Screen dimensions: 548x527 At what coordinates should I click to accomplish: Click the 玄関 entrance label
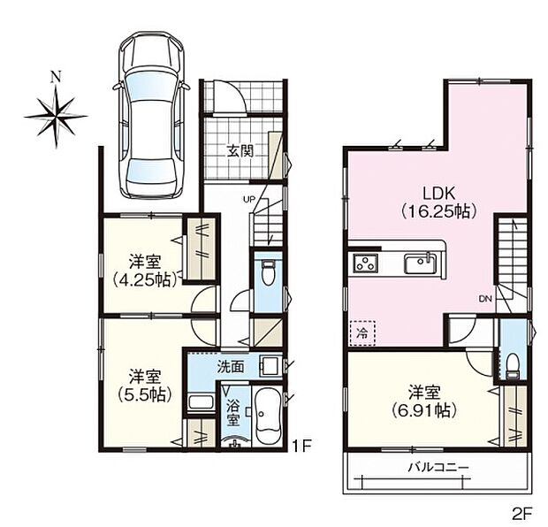pos(240,151)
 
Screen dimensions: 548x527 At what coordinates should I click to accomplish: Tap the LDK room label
pos(438,193)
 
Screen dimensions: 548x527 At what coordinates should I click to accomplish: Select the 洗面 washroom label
pos(231,367)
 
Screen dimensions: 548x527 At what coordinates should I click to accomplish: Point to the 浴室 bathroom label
pos(233,413)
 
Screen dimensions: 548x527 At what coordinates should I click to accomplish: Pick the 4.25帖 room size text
pos(144,280)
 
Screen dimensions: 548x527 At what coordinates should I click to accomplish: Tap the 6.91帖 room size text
pos(424,410)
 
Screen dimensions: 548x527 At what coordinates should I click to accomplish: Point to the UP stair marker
pos(250,200)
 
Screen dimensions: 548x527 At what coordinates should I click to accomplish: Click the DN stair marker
pos(485,299)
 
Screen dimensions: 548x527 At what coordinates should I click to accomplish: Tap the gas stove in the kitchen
pos(366,263)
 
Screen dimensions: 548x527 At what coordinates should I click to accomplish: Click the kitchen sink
pos(421,263)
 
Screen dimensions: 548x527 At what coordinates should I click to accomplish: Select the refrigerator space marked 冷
pos(362,333)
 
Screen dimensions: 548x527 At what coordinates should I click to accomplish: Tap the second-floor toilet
pos(513,366)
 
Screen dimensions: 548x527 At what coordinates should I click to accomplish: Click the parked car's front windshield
pos(150,88)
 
